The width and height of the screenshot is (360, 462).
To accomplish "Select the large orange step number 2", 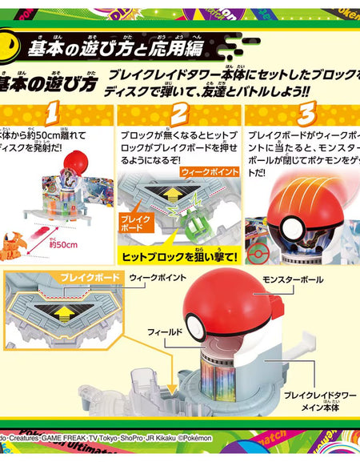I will click(179, 112).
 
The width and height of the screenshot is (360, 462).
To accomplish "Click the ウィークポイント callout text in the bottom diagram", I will click(153, 275).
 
